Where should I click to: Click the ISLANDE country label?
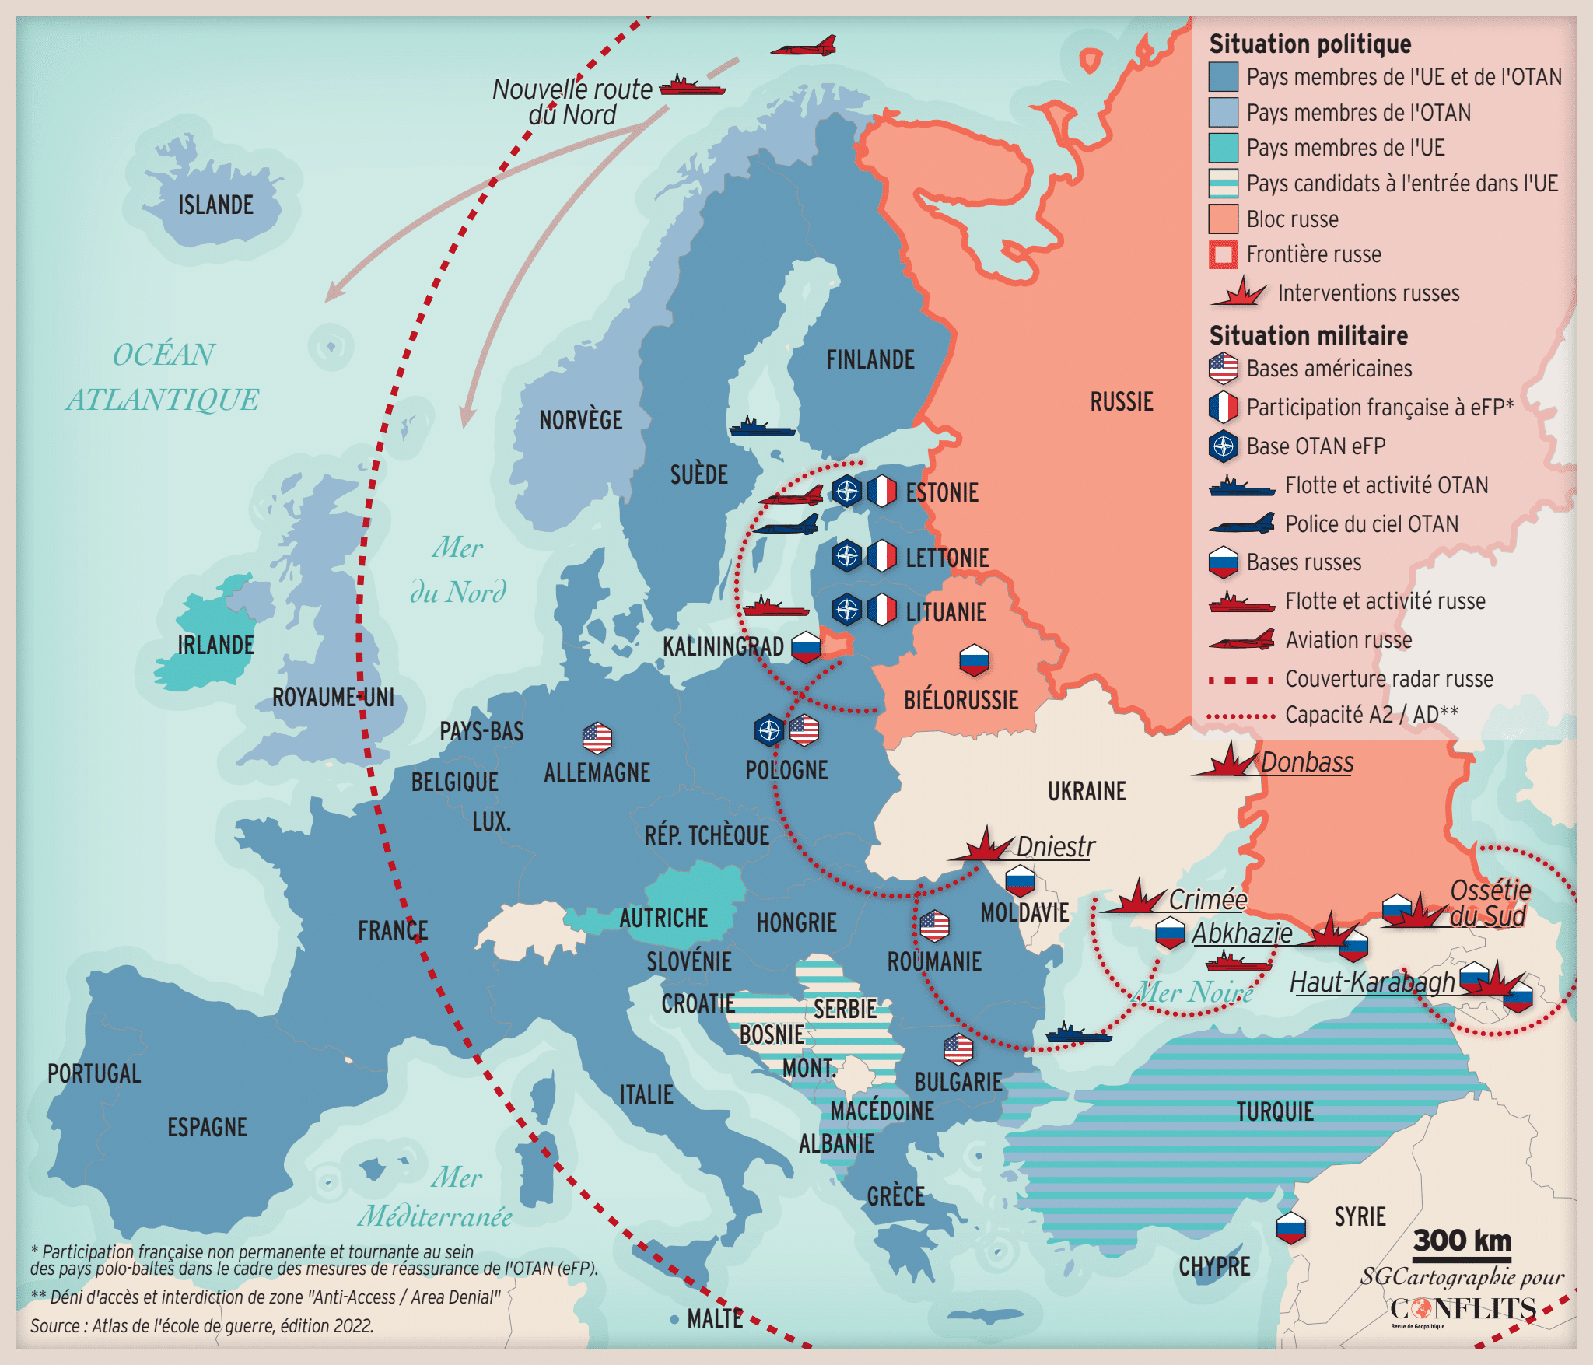(x=215, y=205)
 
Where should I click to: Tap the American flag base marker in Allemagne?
(x=597, y=737)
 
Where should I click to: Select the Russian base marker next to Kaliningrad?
(x=806, y=646)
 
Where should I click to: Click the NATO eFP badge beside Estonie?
(x=846, y=492)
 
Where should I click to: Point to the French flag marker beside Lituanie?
(x=882, y=610)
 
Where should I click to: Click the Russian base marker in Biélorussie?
(x=974, y=660)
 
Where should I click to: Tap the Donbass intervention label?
(x=1307, y=762)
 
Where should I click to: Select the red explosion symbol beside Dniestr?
(x=982, y=845)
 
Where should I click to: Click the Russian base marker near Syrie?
(x=1290, y=1228)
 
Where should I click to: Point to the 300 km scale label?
(x=1462, y=1240)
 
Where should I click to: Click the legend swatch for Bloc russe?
(x=1223, y=219)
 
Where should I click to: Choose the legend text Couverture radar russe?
(x=1388, y=679)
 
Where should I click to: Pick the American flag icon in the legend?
(x=1223, y=368)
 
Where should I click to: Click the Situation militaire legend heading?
(x=1308, y=335)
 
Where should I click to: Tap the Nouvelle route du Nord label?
(x=572, y=101)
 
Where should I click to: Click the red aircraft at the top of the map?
(x=804, y=47)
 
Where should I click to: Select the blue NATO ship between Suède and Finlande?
(x=761, y=427)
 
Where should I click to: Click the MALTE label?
(x=715, y=1318)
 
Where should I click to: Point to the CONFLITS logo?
(x=1462, y=1309)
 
